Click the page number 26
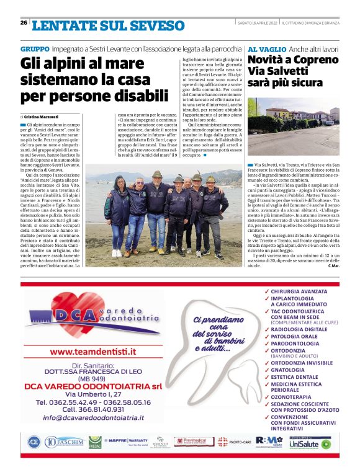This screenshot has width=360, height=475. [x=24, y=23]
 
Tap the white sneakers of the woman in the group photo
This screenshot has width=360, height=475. [x=116, y=253]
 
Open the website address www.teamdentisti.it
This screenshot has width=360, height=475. [x=93, y=352]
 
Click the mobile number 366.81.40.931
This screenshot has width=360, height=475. [x=92, y=409]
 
